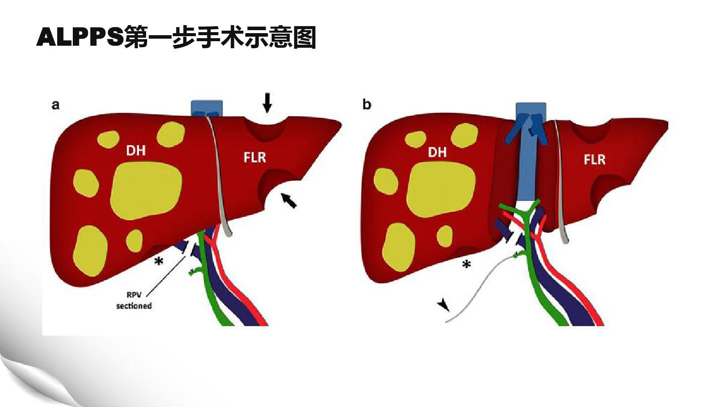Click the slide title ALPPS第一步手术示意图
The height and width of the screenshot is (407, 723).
pos(176,38)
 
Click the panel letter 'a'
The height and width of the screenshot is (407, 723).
pos(56,105)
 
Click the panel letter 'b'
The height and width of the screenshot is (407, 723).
pos(367,105)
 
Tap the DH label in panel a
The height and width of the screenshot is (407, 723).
pos(136,150)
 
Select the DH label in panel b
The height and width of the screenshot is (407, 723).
pos(437,152)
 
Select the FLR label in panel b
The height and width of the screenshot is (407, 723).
pos(594,159)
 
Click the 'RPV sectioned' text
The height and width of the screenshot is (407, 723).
pos(134,300)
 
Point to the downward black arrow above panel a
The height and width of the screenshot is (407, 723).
pos(268,104)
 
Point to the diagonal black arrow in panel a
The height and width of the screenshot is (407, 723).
pos(289,201)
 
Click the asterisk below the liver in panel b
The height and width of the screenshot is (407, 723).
pos(466,264)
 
